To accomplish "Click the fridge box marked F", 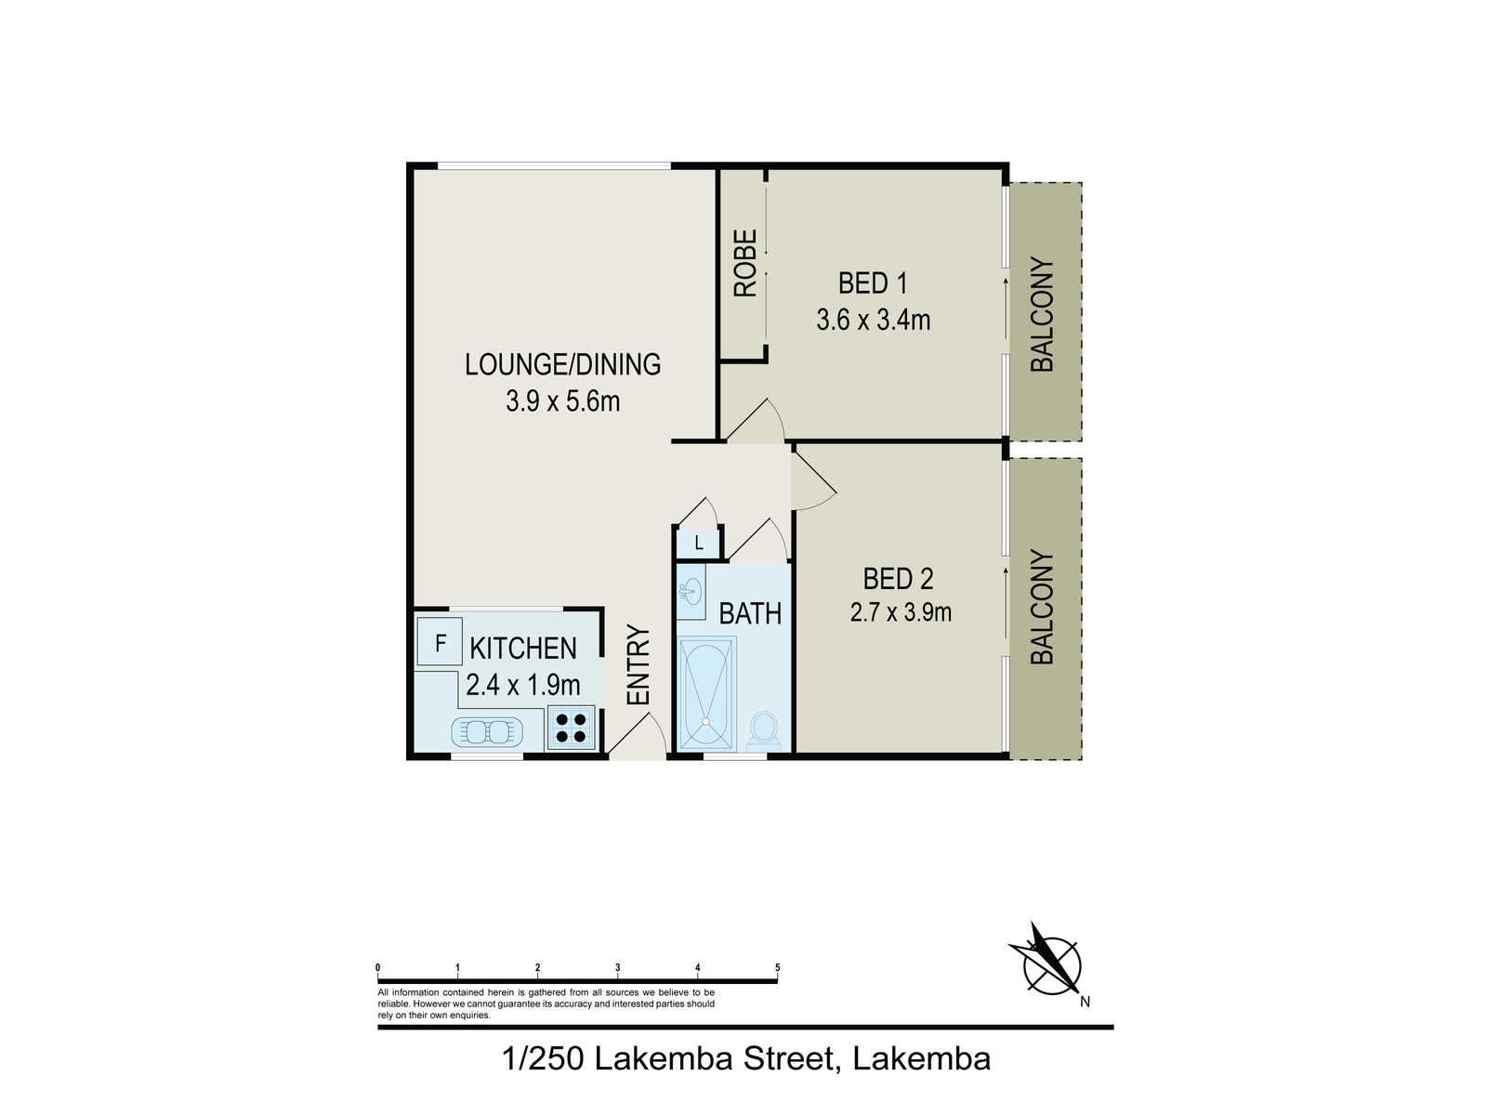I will pyautogui.click(x=440, y=642).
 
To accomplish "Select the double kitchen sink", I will pyautogui.click(x=488, y=732).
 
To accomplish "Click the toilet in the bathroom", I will pyautogui.click(x=764, y=728).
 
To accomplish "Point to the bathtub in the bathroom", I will pyautogui.click(x=707, y=692).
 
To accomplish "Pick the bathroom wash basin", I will pyautogui.click(x=690, y=590).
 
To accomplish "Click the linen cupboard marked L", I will pyautogui.click(x=698, y=543).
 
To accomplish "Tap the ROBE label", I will pyautogui.click(x=745, y=264).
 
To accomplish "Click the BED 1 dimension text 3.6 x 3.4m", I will pyautogui.click(x=873, y=321).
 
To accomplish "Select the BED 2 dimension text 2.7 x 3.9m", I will pyautogui.click(x=901, y=612).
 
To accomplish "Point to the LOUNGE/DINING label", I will pyautogui.click(x=562, y=364).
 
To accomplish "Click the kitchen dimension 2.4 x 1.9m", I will pyautogui.click(x=523, y=686).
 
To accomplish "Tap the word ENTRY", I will pyautogui.click(x=638, y=665).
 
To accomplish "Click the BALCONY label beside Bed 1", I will pyautogui.click(x=1043, y=314).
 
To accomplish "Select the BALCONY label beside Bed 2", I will pyautogui.click(x=1043, y=608).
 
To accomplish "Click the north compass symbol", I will pyautogui.click(x=1051, y=964).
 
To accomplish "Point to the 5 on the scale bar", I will pyautogui.click(x=777, y=968).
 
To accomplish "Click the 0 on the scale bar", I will pyautogui.click(x=378, y=968).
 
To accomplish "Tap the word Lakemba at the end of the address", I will pyautogui.click(x=921, y=1058).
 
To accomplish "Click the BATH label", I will pyautogui.click(x=750, y=614).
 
